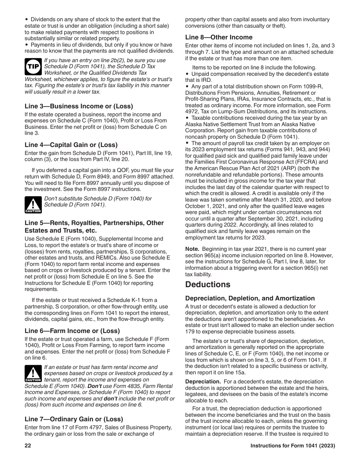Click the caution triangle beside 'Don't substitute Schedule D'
[x=33, y=205]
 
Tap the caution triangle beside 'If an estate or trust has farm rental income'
[x=33, y=373]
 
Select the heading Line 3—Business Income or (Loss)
[x=79, y=106]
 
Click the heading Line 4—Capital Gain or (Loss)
[x=71, y=145]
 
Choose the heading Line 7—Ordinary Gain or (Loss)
[x=74, y=419]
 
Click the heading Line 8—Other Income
[x=219, y=37]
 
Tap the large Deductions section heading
[x=208, y=285]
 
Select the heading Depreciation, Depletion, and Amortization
[x=250, y=298]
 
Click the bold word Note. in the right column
[x=192, y=249]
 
